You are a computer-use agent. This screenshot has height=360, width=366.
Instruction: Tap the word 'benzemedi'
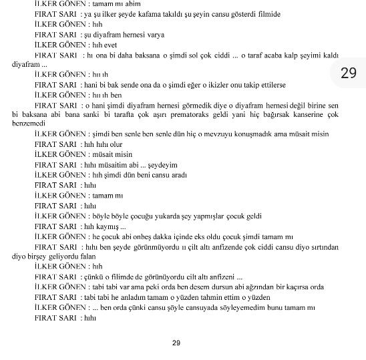[x=28, y=124]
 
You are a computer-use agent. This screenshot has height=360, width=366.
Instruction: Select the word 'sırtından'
[x=323, y=246]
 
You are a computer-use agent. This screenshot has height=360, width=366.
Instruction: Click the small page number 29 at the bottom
[x=176, y=343]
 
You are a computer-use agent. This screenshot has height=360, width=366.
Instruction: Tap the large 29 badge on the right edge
[x=349, y=73]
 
